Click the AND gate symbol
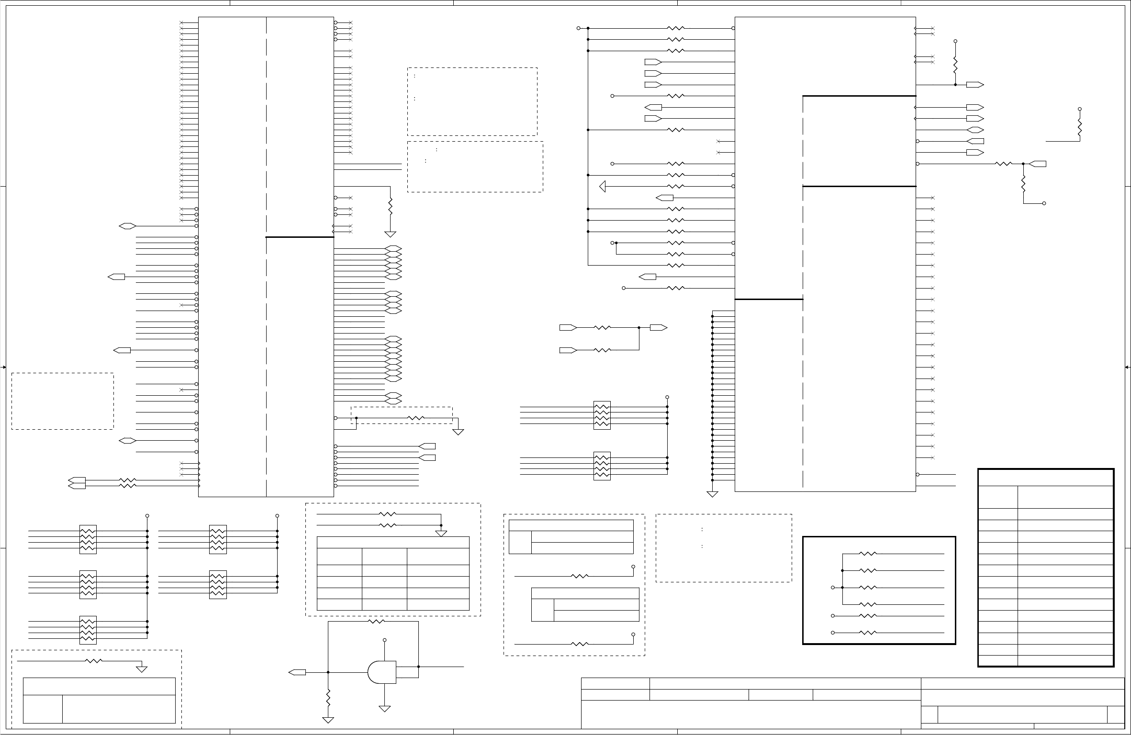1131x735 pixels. [382, 672]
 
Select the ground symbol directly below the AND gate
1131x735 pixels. [385, 709]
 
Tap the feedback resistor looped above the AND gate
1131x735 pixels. [376, 622]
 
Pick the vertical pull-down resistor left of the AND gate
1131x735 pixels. [328, 698]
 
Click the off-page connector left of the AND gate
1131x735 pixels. [297, 672]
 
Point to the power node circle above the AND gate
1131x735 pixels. [385, 640]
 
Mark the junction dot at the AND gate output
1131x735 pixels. [419, 667]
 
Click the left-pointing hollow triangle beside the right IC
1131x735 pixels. [603, 186]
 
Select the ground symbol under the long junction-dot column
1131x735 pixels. [712, 494]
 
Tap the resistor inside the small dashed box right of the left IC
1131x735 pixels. [416, 418]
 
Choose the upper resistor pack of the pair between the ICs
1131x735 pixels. [602, 415]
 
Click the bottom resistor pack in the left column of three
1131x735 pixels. [88, 630]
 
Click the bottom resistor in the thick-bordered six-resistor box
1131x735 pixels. [868, 633]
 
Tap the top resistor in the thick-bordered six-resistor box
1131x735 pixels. [868, 554]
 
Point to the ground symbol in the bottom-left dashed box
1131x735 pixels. [142, 669]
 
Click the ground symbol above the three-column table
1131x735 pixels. [441, 533]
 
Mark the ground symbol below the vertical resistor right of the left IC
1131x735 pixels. [391, 234]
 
